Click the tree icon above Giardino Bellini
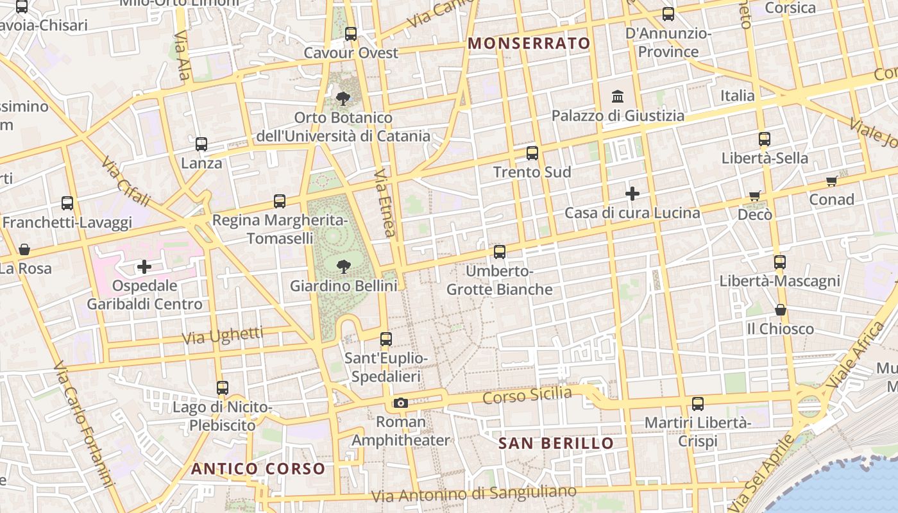click(343, 265)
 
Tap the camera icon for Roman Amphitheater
click(401, 403)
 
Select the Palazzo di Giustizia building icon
click(618, 96)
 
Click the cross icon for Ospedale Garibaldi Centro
click(144, 266)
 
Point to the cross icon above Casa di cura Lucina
click(632, 193)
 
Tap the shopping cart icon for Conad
click(831, 181)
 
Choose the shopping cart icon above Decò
click(755, 196)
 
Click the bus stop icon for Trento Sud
click(532, 153)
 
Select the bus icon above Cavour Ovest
click(351, 34)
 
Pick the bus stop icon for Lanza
click(201, 144)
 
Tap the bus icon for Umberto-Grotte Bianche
click(500, 252)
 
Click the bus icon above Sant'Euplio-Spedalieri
click(385, 339)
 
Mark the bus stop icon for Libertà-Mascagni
click(780, 262)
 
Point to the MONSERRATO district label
click(529, 44)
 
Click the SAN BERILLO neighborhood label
click(556, 443)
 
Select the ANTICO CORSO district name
click(258, 469)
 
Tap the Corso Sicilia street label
click(527, 396)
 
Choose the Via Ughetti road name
click(223, 335)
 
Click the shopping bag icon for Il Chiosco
click(781, 310)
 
